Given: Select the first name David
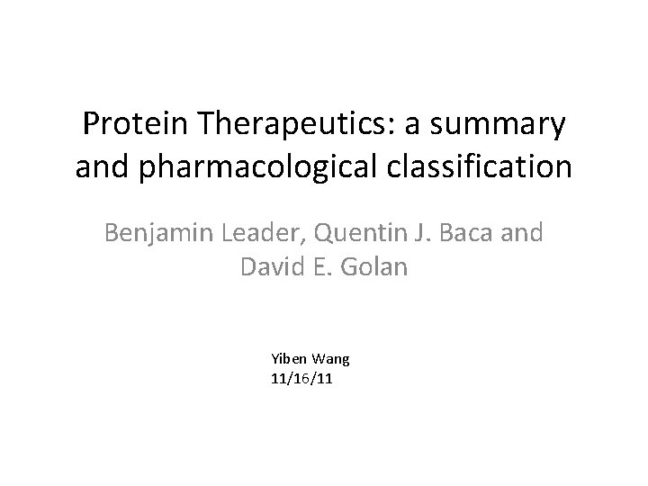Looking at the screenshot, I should pos(272,267).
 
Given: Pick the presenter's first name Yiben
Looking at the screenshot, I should pos(287,359).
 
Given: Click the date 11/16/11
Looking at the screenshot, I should pos(301,378).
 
